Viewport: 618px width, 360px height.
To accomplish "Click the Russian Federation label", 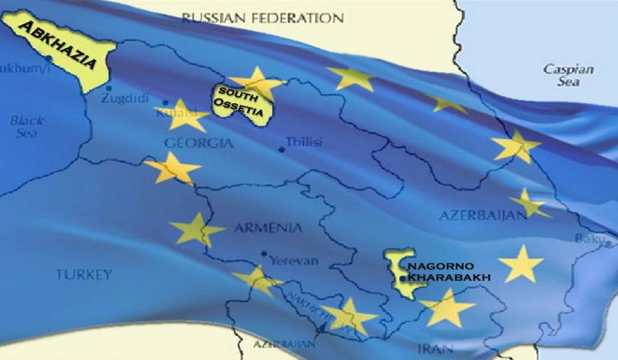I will click(262, 18).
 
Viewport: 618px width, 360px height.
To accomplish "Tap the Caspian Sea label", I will click(568, 75).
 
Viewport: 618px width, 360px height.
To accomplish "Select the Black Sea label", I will click(26, 127).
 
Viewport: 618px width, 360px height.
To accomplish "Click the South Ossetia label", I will click(239, 98).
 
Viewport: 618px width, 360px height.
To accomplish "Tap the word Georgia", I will click(199, 143).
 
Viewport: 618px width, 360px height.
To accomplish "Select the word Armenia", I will click(268, 228).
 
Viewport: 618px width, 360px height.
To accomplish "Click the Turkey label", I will click(84, 275).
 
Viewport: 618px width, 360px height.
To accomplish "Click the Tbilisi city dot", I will click(281, 149).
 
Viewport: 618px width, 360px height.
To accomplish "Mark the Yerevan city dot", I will click(264, 254).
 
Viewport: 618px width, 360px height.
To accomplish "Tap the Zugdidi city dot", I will click(109, 89).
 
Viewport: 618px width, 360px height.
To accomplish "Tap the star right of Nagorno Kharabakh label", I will click(520, 264).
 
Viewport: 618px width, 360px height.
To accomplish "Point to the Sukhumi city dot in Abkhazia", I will click(48, 59).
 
